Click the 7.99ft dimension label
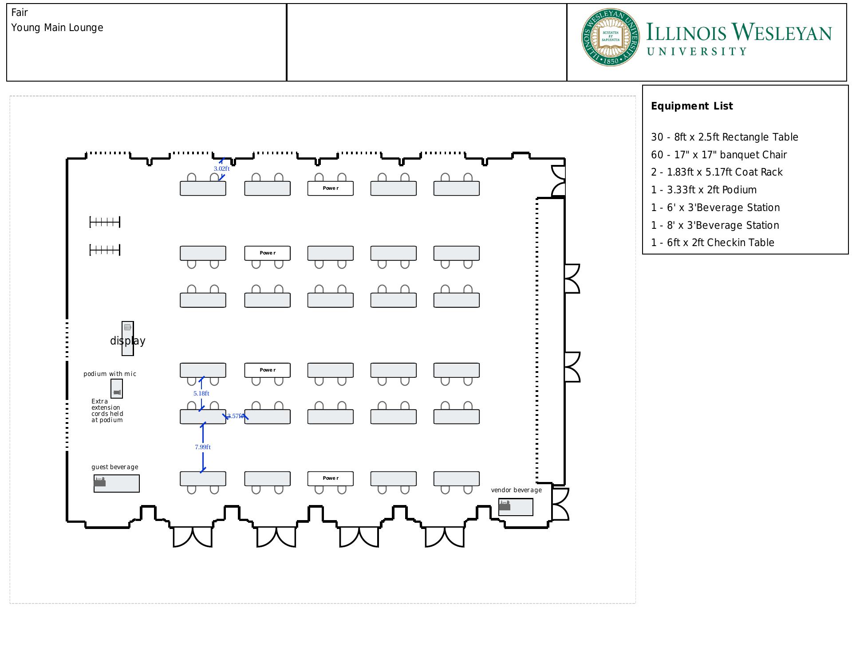(x=203, y=447)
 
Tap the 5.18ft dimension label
(x=201, y=393)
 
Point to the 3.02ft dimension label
(x=221, y=168)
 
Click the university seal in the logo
(x=611, y=37)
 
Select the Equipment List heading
(x=691, y=106)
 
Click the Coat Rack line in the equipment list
(x=717, y=172)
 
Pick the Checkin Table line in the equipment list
(x=712, y=243)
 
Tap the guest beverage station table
(x=117, y=483)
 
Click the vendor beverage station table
(x=516, y=507)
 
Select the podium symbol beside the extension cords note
(x=117, y=389)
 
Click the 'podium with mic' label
(x=110, y=374)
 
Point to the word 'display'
(x=128, y=341)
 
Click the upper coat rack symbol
(x=105, y=222)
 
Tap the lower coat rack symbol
(x=105, y=250)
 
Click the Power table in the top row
(x=331, y=188)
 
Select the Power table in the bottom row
(x=331, y=478)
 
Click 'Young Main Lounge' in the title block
(x=57, y=27)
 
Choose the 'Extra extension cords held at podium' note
(x=107, y=411)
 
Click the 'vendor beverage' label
(x=516, y=490)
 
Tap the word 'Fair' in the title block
(x=20, y=12)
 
